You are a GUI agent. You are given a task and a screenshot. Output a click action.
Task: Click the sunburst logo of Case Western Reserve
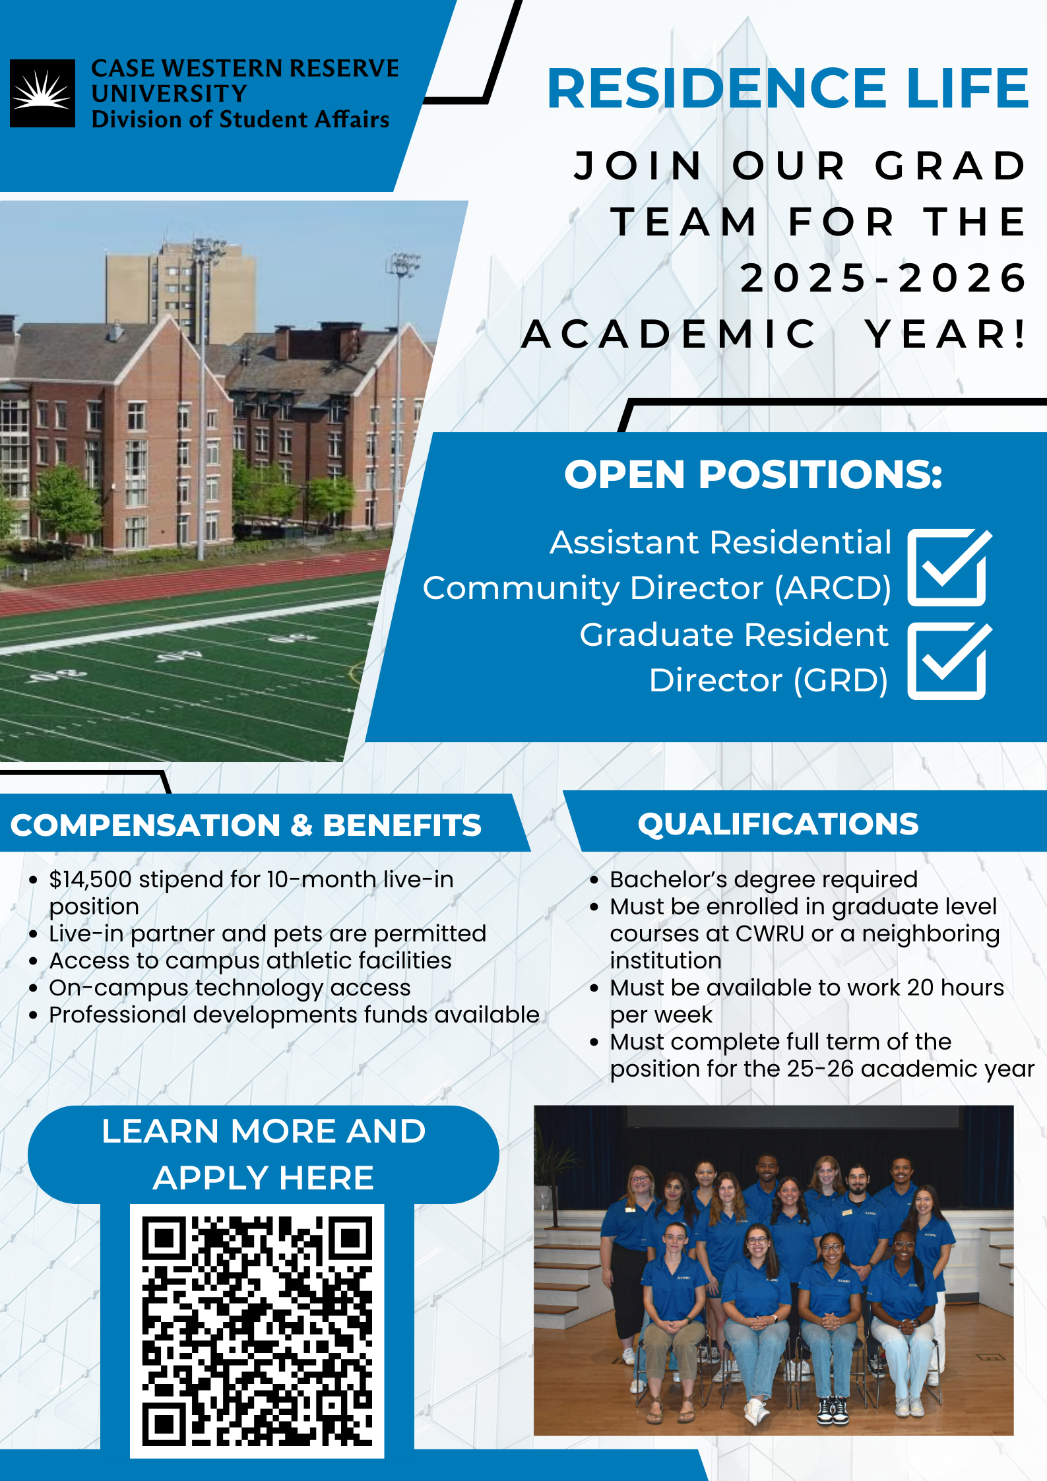[42, 93]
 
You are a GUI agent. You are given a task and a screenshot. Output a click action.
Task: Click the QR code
[257, 1331]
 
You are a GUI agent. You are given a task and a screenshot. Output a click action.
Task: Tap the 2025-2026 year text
[883, 278]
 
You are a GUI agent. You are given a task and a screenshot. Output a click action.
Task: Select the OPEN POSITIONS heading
[753, 474]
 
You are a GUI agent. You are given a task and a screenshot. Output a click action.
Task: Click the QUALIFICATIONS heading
[778, 824]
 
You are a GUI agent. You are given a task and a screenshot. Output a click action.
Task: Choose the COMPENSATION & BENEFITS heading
[246, 825]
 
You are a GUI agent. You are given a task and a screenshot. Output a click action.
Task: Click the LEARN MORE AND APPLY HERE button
[263, 1154]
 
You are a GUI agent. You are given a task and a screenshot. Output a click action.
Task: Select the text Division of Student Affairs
[240, 119]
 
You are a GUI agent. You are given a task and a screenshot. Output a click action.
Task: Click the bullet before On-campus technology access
[33, 989]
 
